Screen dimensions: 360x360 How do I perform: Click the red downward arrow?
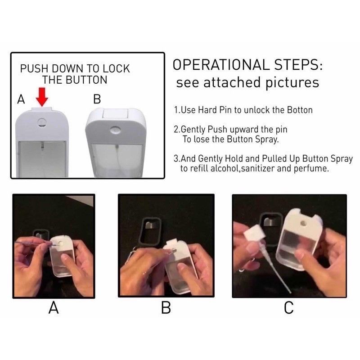point(42,97)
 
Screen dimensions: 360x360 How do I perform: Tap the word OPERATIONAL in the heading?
point(221,65)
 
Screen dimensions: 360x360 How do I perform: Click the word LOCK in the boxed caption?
point(116,69)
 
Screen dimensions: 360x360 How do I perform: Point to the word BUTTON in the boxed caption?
point(86,80)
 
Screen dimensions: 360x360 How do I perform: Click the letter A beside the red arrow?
point(21,99)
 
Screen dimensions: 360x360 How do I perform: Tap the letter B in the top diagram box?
point(97,99)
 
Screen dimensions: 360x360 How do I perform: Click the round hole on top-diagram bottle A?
point(42,122)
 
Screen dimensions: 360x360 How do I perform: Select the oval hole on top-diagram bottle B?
point(115,130)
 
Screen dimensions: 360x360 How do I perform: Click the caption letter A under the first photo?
point(54,308)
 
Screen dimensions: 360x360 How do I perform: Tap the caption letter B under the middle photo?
point(166,308)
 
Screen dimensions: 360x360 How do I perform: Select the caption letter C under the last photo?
point(289,308)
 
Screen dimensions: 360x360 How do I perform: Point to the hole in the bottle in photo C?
point(304,223)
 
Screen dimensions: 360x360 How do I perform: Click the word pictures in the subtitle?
point(292,83)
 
